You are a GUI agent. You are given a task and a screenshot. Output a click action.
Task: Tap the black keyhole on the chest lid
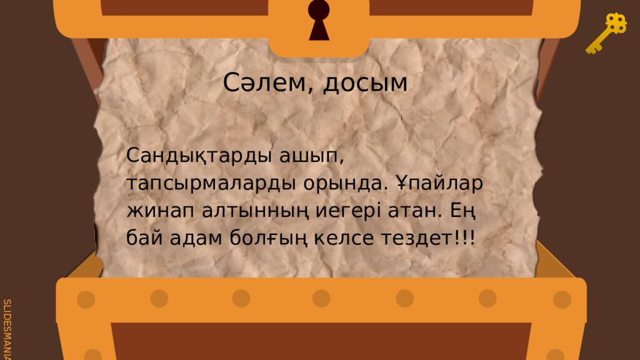(319, 19)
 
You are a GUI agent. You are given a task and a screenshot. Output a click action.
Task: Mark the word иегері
(357, 211)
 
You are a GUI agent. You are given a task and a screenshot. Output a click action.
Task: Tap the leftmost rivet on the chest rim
(86, 299)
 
